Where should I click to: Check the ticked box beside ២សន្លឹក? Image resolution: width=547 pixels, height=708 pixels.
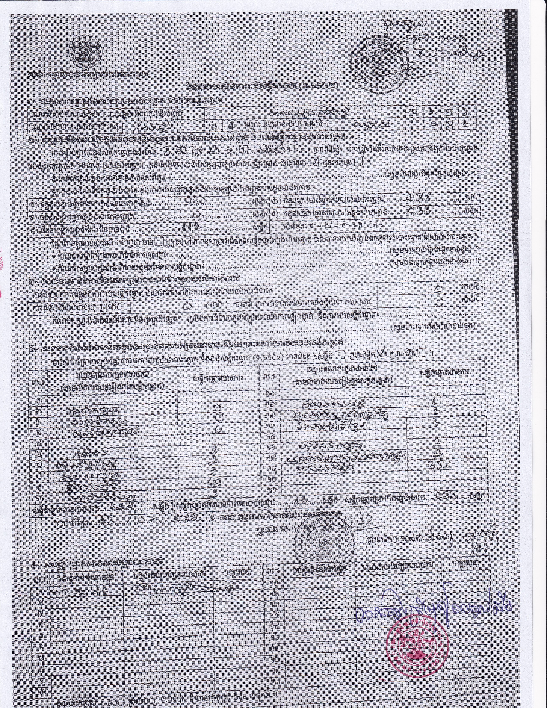coord(383,354)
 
